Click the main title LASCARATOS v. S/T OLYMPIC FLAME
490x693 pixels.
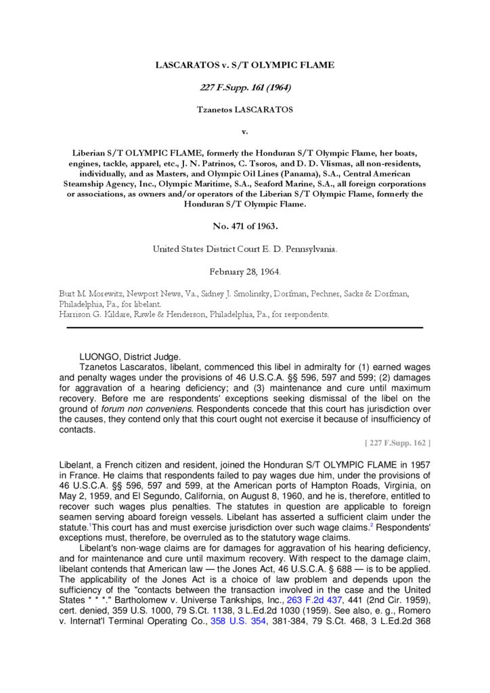click(x=244, y=66)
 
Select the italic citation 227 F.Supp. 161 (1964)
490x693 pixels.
click(x=244, y=88)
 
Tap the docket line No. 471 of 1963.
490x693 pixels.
click(x=244, y=227)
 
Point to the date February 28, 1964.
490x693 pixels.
click(x=244, y=271)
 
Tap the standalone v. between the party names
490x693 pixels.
click(x=244, y=131)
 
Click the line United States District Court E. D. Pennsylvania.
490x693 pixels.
click(x=244, y=249)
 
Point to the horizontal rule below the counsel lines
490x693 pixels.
click(x=244, y=328)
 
